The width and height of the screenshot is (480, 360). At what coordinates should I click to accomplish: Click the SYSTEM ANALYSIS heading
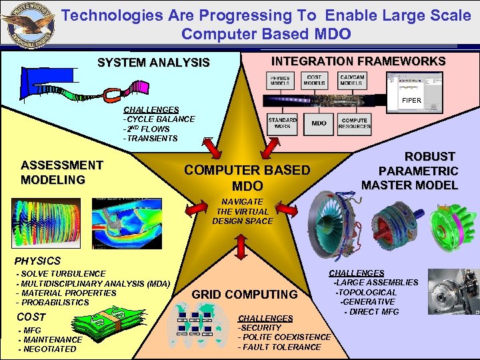pos(153,63)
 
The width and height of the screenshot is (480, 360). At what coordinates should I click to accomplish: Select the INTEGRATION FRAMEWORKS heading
pos(358,61)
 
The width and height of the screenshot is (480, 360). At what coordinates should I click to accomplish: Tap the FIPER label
pos(411,101)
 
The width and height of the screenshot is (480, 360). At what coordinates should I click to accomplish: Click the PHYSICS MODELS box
pos(280,81)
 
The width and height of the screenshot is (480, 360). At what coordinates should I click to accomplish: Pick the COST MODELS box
pos(314,81)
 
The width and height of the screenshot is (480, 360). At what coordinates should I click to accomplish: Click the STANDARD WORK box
pos(282,123)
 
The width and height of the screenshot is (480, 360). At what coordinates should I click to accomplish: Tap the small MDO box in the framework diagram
pos(319,123)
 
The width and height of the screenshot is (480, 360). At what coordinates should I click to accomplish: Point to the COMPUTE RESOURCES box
pos(354,123)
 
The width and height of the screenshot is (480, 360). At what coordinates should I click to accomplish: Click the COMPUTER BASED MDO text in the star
pos(247,177)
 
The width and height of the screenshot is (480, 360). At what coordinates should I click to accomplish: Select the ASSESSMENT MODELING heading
pos(62,173)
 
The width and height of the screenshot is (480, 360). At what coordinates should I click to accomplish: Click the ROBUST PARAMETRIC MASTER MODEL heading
pos(409,171)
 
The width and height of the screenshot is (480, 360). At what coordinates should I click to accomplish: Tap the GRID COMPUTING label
pos(245,295)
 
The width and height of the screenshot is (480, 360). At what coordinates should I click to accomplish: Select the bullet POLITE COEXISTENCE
pos(285,337)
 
